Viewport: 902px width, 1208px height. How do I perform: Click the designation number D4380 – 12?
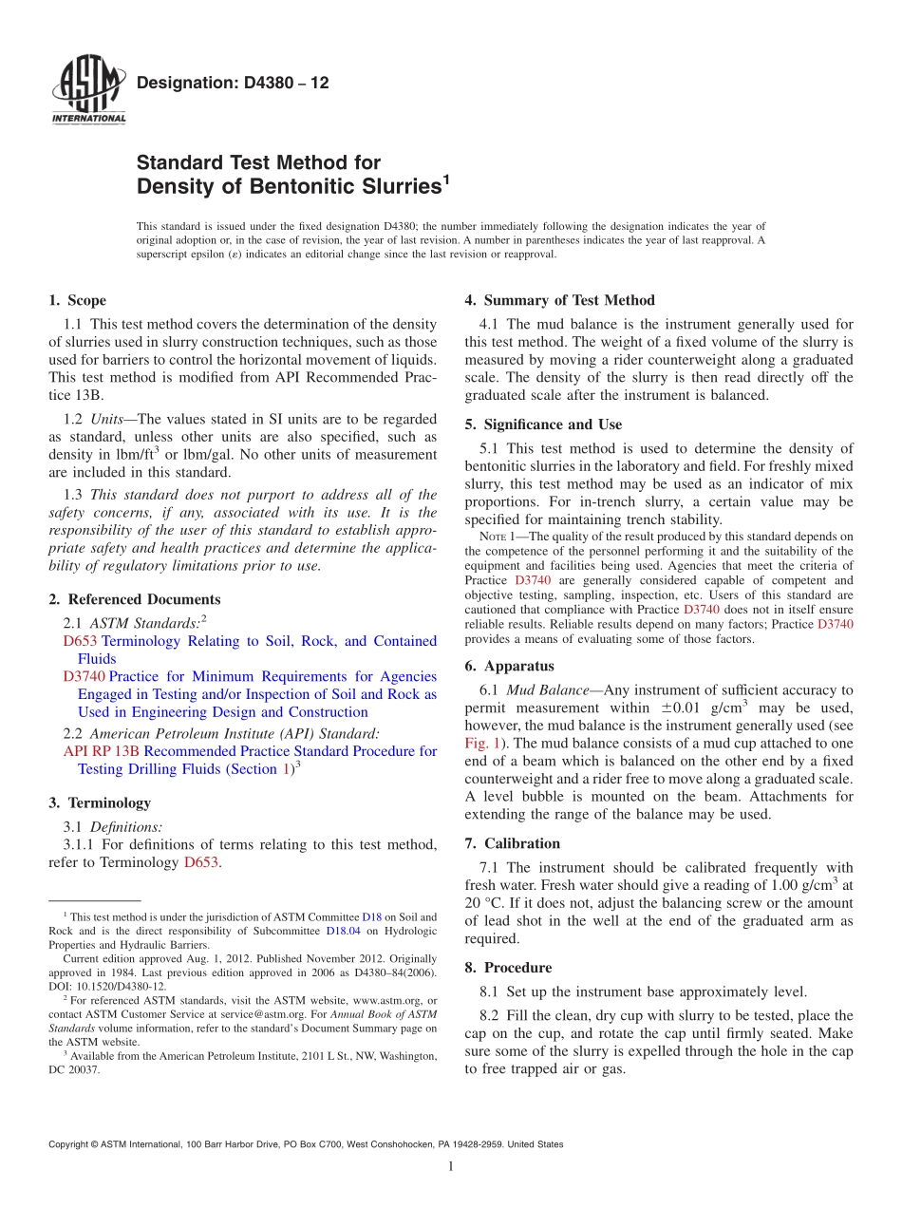(233, 84)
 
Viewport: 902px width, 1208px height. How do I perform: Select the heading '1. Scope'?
(77, 301)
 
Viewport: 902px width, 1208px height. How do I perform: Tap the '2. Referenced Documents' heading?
(134, 599)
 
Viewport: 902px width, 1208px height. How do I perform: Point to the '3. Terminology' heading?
(99, 802)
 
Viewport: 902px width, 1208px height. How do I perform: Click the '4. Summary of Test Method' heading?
(559, 301)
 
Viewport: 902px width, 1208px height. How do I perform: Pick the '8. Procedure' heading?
(508, 968)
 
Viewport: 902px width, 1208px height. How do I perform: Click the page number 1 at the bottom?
(450, 1167)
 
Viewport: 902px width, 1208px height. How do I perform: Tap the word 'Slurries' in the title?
(391, 187)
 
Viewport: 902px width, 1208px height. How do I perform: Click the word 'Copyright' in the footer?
(71, 1144)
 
